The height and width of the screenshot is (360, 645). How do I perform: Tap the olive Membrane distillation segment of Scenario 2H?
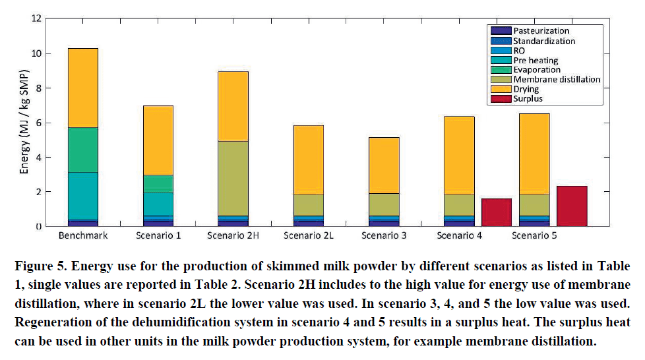[x=228, y=178]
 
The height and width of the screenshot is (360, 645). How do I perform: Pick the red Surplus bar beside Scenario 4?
[x=496, y=212]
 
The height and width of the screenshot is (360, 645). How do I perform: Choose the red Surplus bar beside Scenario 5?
[x=571, y=206]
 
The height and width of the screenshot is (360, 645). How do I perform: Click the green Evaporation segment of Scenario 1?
[x=154, y=183]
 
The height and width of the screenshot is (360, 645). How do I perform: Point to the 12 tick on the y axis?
[x=39, y=18]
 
